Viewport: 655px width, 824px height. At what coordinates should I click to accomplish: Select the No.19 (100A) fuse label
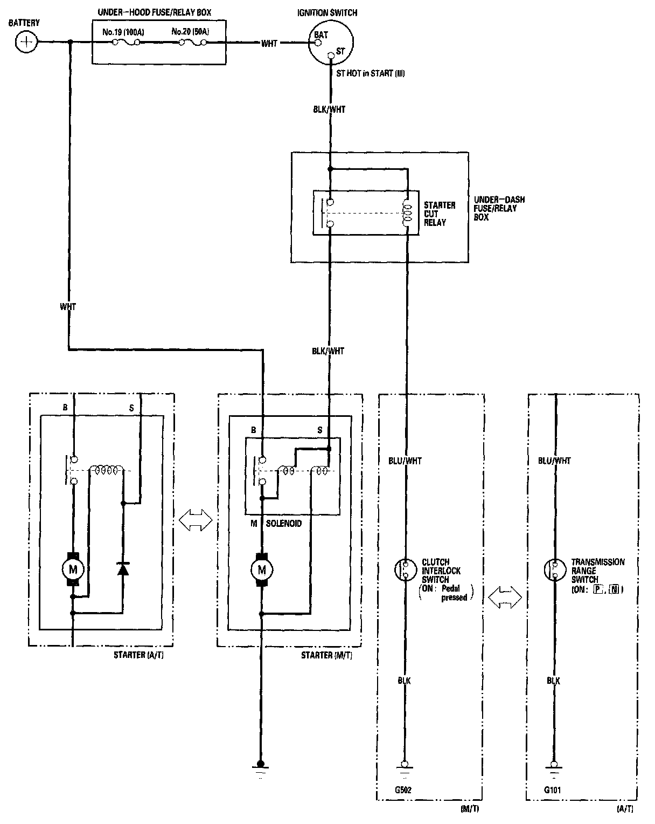click(x=123, y=32)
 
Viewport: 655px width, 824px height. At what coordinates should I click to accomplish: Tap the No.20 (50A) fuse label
click(x=190, y=32)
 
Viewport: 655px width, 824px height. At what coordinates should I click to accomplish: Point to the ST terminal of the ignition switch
click(x=331, y=54)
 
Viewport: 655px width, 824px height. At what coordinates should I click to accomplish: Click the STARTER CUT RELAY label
click(x=440, y=214)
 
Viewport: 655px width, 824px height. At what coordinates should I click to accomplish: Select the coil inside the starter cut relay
click(x=408, y=214)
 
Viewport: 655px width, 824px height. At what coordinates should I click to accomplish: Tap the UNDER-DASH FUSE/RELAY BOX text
click(x=499, y=208)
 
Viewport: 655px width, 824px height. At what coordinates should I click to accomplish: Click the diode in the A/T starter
click(x=123, y=568)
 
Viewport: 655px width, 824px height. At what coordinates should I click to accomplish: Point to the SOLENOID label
click(x=283, y=524)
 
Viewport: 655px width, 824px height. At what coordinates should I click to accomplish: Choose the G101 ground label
click(x=553, y=791)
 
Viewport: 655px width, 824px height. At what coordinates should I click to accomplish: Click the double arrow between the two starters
click(x=195, y=520)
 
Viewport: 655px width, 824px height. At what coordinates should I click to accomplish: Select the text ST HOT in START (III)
click(x=370, y=73)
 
